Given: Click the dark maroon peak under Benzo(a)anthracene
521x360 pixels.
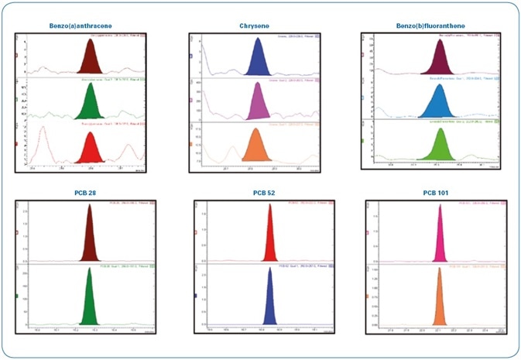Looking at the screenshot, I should click(x=89, y=59).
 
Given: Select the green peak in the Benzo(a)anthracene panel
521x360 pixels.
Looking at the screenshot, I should click(x=89, y=101).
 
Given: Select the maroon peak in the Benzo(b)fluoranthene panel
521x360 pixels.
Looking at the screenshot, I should click(x=440, y=58).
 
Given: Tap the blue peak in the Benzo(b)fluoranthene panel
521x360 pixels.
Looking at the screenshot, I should click(x=439, y=100).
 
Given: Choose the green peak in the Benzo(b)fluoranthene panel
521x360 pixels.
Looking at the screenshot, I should click(x=441, y=144).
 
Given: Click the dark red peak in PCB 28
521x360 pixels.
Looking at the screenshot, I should click(x=90, y=236).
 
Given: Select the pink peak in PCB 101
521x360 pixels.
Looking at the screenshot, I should click(x=439, y=236).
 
